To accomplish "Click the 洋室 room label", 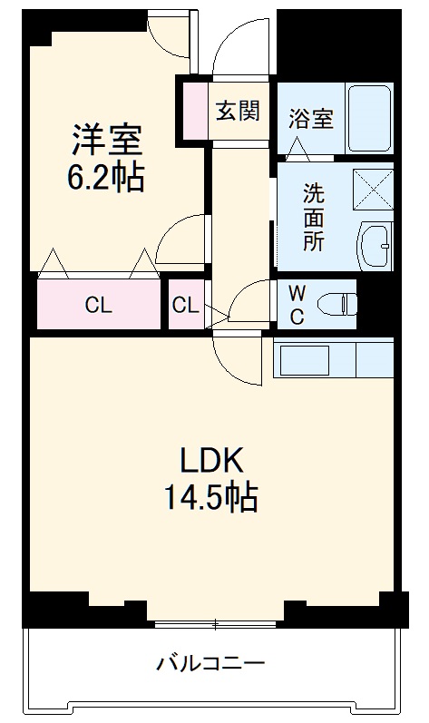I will coord(108,141).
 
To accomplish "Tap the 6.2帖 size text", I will coord(105,178).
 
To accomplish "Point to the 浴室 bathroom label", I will coord(311,119).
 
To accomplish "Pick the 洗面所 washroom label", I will coord(313,218).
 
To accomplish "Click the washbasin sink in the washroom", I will coord(375,243).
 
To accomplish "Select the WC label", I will coord(297,306).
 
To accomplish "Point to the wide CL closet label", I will coord(99,306).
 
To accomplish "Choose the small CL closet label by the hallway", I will coord(185,306).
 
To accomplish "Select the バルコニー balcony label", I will coord(210,662).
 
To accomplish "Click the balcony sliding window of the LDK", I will coord(215,624).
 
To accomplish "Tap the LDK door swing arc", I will coord(238,360).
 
